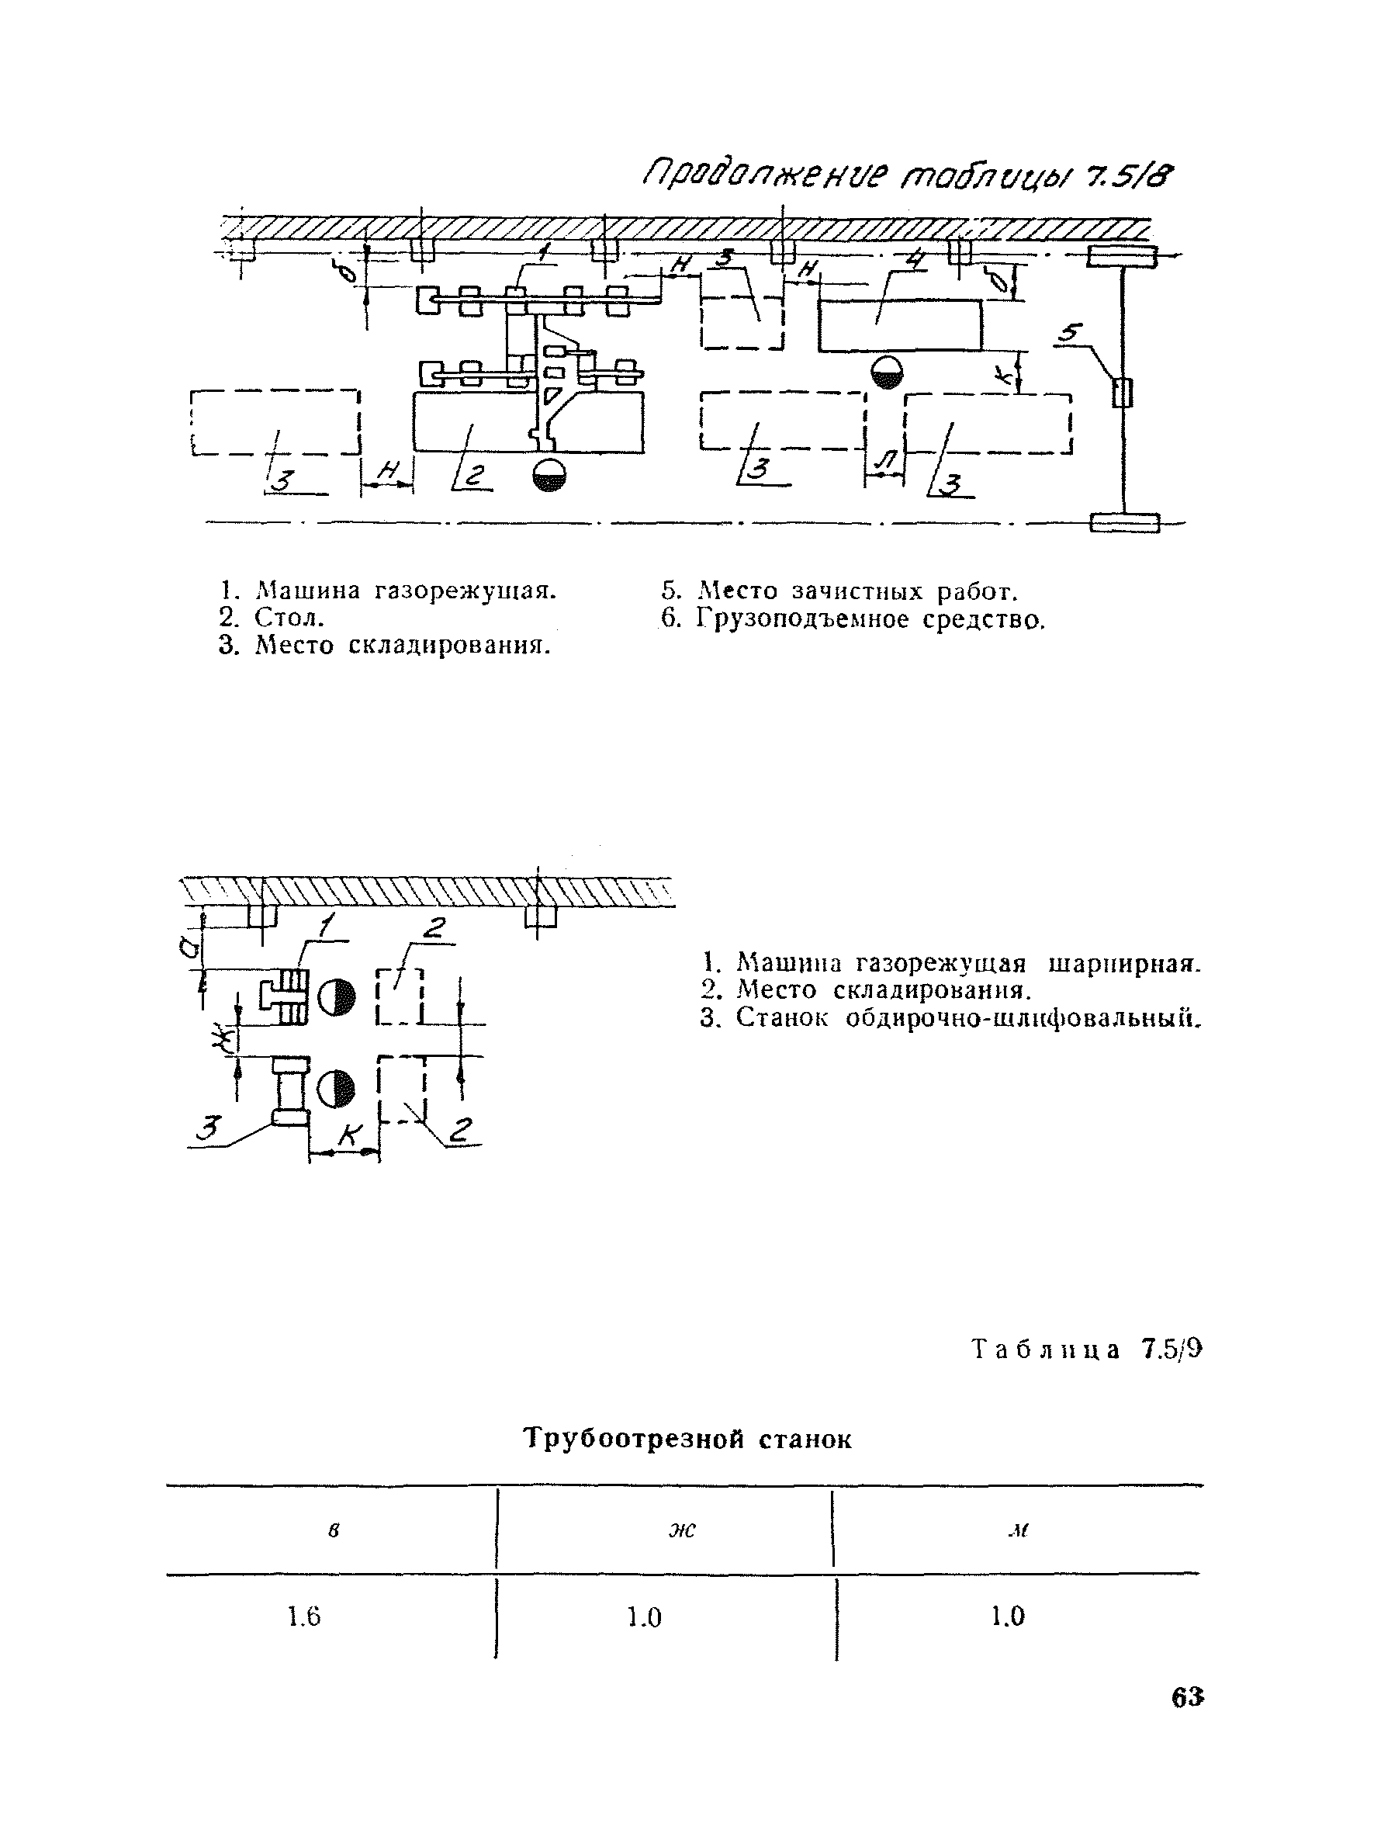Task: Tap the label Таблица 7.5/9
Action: click(1086, 1350)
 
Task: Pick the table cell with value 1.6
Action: click(304, 1616)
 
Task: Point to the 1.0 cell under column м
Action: click(1007, 1616)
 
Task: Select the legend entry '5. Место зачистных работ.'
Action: click(838, 591)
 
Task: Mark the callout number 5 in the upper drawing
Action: click(1070, 333)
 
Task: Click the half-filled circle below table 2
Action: click(549, 475)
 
